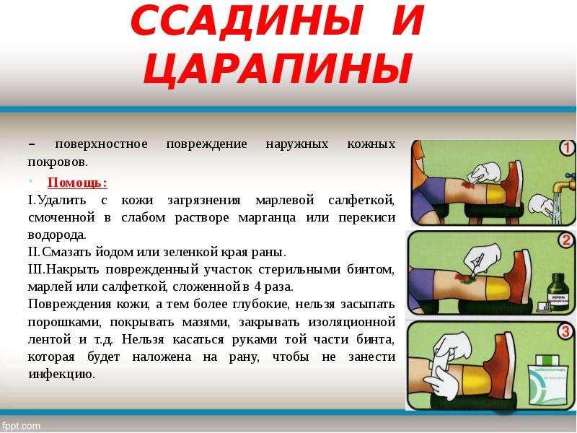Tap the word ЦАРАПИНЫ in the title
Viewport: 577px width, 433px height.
[277, 70]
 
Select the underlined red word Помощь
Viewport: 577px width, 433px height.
[77, 183]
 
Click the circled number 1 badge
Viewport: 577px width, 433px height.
[567, 148]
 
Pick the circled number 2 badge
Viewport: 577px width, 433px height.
[566, 240]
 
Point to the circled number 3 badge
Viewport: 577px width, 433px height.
[565, 331]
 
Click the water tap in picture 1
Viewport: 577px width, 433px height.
[565, 181]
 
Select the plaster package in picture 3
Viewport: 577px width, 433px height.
[549, 380]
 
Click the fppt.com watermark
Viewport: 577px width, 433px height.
[20, 426]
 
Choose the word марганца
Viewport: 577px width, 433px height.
[267, 218]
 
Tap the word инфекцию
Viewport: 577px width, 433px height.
[61, 375]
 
